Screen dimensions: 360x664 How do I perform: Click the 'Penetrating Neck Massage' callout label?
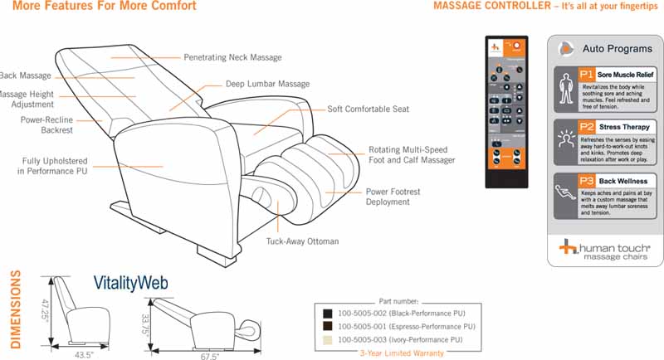232,58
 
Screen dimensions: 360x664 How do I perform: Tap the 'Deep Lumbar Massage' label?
267,85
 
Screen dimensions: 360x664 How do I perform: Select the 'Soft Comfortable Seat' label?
368,109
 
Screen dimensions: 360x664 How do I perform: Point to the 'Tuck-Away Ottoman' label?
302,241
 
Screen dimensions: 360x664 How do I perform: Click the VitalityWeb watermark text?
130,283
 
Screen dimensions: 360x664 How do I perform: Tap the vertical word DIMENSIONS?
15,309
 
